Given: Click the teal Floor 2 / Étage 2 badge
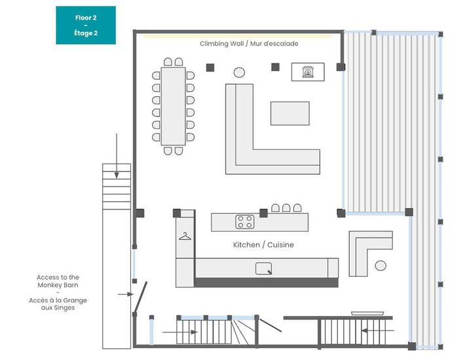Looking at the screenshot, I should [x=85, y=26].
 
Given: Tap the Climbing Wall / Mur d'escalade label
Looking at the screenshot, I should [x=248, y=44].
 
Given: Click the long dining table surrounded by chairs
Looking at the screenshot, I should [x=174, y=106].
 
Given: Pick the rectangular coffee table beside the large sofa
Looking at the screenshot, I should [x=290, y=113].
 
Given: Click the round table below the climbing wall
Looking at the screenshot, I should [x=240, y=71].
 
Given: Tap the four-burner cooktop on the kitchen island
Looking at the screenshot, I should [x=245, y=222].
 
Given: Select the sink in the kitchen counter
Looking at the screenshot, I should [x=264, y=268].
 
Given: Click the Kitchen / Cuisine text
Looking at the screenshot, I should [x=263, y=245].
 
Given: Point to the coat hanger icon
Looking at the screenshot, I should [x=185, y=236].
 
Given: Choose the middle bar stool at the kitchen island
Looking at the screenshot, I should [x=286, y=208].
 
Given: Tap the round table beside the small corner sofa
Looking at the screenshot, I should [x=381, y=265].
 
